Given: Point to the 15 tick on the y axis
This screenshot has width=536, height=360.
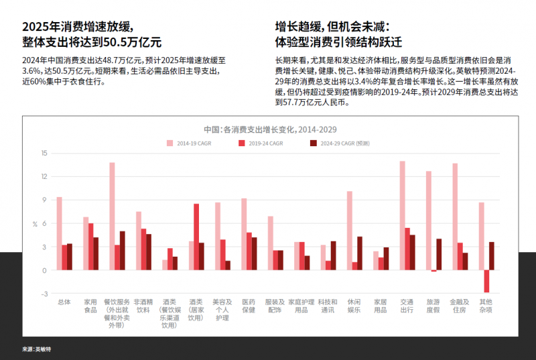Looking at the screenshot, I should click(x=44, y=153).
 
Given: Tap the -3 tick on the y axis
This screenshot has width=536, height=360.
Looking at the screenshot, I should click(x=44, y=294).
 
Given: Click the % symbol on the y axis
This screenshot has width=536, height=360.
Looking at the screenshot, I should click(x=35, y=223).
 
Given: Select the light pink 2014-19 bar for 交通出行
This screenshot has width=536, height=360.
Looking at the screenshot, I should click(x=402, y=215).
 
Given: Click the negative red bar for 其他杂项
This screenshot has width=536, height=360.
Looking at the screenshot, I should click(x=486, y=281).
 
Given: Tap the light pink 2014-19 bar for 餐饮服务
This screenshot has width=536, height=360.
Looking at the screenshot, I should click(x=112, y=216).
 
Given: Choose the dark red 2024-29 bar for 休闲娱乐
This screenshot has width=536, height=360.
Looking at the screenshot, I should click(x=360, y=253).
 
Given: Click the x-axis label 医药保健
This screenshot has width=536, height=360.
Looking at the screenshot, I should click(x=249, y=306).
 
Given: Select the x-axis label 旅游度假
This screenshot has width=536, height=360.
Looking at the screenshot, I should click(x=433, y=306).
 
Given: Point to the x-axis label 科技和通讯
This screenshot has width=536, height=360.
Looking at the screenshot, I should click(x=328, y=306).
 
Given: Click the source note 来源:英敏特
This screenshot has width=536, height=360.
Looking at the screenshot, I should click(x=36, y=349).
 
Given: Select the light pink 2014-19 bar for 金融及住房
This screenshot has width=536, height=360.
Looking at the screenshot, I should click(x=455, y=217).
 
